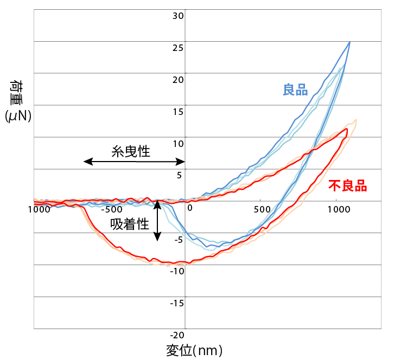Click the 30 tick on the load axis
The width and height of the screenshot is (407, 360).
[179, 15]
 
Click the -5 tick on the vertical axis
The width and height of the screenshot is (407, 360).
[179, 240]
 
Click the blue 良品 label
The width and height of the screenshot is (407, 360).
[295, 89]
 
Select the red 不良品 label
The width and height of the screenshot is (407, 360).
[348, 185]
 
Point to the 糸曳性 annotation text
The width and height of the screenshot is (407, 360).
[131, 151]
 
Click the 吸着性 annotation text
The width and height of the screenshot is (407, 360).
[130, 224]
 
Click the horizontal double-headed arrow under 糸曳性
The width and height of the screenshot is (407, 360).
[135, 162]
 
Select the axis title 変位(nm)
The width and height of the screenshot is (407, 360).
[194, 350]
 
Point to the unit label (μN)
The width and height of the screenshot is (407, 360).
[17, 116]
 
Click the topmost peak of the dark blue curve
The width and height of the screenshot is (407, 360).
[349, 42]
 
